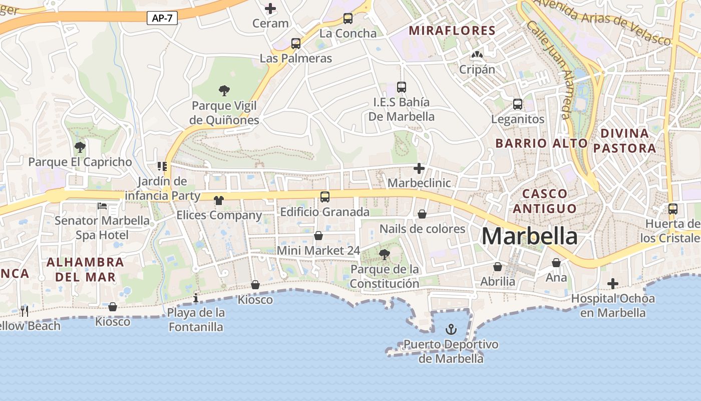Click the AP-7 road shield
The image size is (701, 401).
pyautogui.click(x=162, y=19)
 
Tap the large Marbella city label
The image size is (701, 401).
pyautogui.click(x=529, y=236)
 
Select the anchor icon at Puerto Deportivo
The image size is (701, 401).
pyautogui.click(x=451, y=329)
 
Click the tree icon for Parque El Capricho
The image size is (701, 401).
pyautogui.click(x=80, y=147)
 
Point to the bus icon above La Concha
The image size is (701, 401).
pyautogui.click(x=347, y=19)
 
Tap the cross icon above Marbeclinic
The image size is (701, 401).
pyautogui.click(x=419, y=168)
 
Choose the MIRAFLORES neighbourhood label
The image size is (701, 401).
pyautogui.click(x=452, y=31)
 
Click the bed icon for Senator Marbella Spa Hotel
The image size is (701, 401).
pyautogui.click(x=102, y=206)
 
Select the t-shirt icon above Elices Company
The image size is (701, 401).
pyautogui.click(x=218, y=200)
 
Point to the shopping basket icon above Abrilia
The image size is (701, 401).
pyautogui.click(x=498, y=267)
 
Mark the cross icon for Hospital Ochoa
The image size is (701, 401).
pyautogui.click(x=612, y=284)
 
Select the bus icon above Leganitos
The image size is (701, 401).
pyautogui.click(x=518, y=104)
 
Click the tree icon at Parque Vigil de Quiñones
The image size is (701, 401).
pyautogui.click(x=224, y=91)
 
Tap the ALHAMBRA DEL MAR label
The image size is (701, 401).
pyautogui.click(x=85, y=269)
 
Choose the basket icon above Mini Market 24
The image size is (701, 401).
pyautogui.click(x=318, y=236)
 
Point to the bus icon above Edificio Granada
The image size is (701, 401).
pyautogui.click(x=325, y=197)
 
